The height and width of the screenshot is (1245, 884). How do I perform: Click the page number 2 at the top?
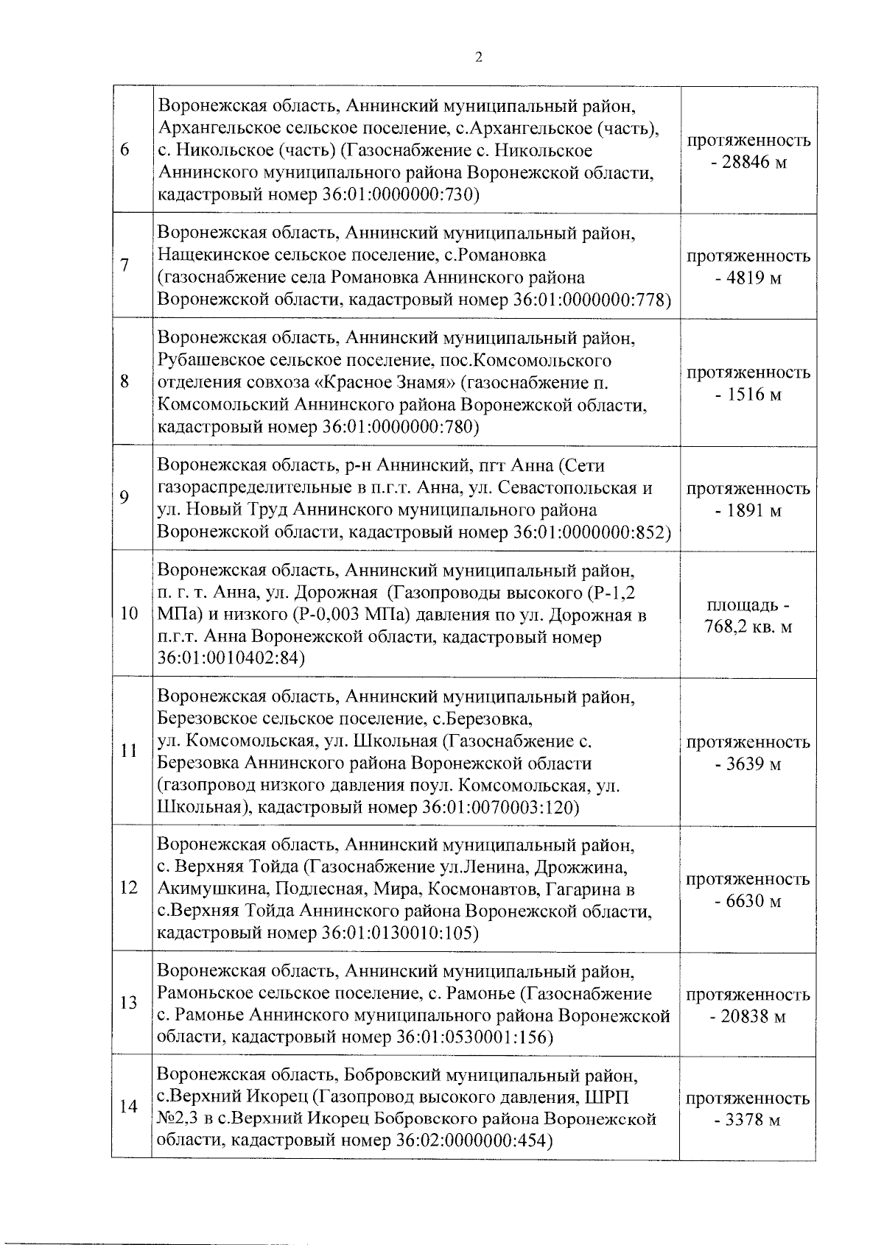(x=478, y=58)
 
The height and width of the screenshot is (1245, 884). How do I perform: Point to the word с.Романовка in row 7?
(x=498, y=255)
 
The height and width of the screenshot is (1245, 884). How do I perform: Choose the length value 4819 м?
(x=748, y=278)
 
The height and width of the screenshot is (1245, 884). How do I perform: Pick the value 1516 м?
(x=748, y=395)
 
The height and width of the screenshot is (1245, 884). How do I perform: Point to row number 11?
(x=128, y=752)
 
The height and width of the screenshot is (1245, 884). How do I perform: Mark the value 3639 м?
(x=748, y=764)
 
